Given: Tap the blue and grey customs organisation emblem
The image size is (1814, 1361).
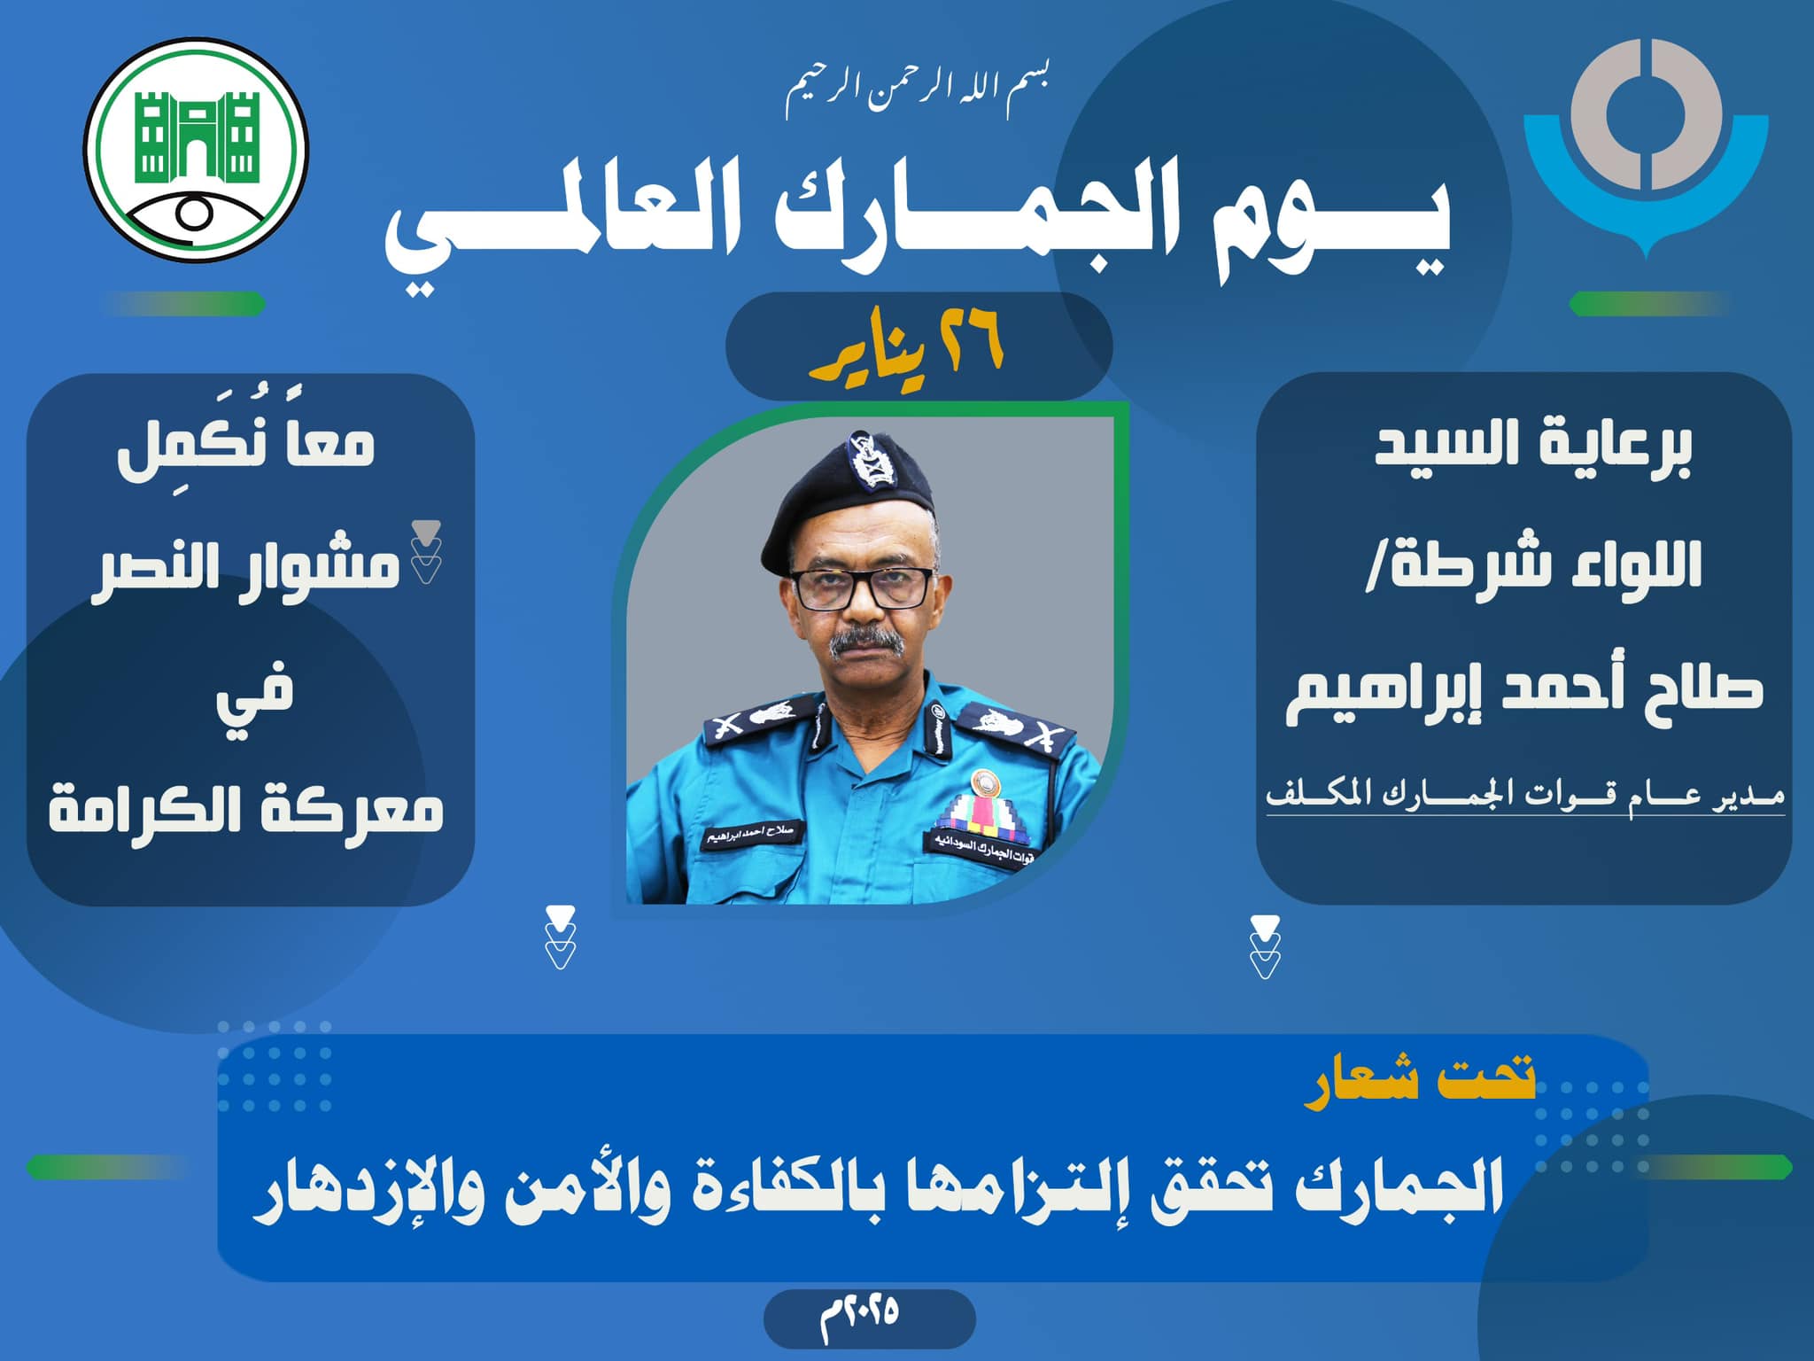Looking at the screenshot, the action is [x=1646, y=146].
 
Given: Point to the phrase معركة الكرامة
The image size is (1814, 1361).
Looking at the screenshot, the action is [x=246, y=809].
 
